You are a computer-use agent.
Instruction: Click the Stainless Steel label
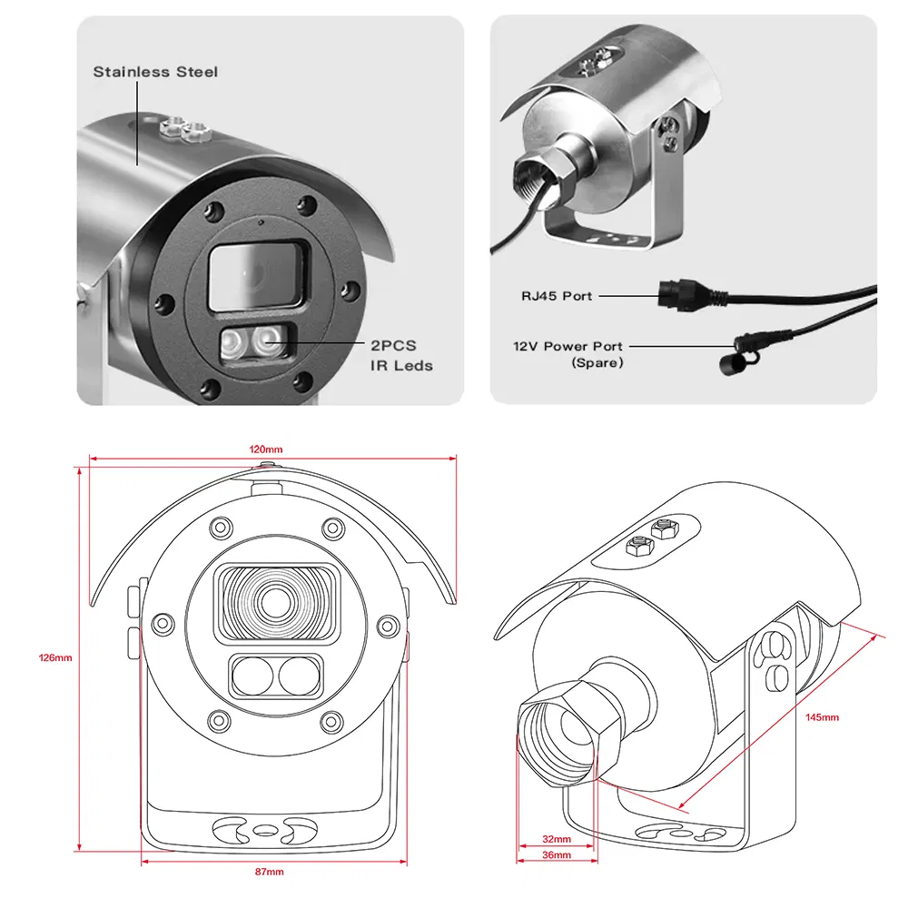coord(155,72)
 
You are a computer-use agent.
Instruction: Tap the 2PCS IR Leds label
coord(400,357)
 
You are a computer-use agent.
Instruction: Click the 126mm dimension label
coord(54,657)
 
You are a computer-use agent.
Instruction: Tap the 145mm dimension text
coord(823,717)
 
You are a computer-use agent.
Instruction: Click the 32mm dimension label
coord(556,839)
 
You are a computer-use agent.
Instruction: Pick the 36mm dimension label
coord(556,855)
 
